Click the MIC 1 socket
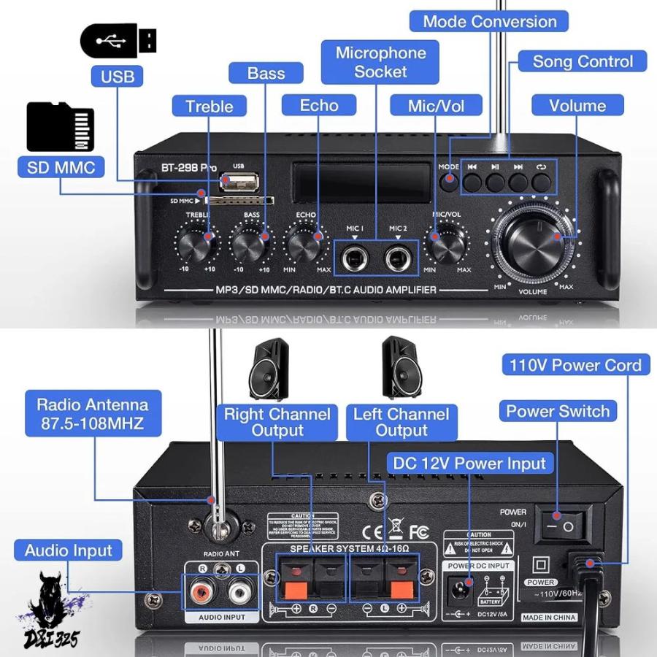coord(355,256)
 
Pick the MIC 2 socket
coord(399,256)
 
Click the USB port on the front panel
coord(239,180)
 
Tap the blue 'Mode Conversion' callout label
coord(490,21)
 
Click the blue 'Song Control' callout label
coord(582,61)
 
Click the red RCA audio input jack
coord(198,590)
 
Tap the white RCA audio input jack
coord(238,590)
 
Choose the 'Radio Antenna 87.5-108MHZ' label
coord(92,413)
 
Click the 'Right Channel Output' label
coord(277,422)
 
